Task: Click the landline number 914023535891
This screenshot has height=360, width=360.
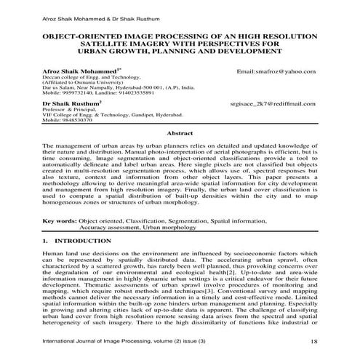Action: [129, 95]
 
